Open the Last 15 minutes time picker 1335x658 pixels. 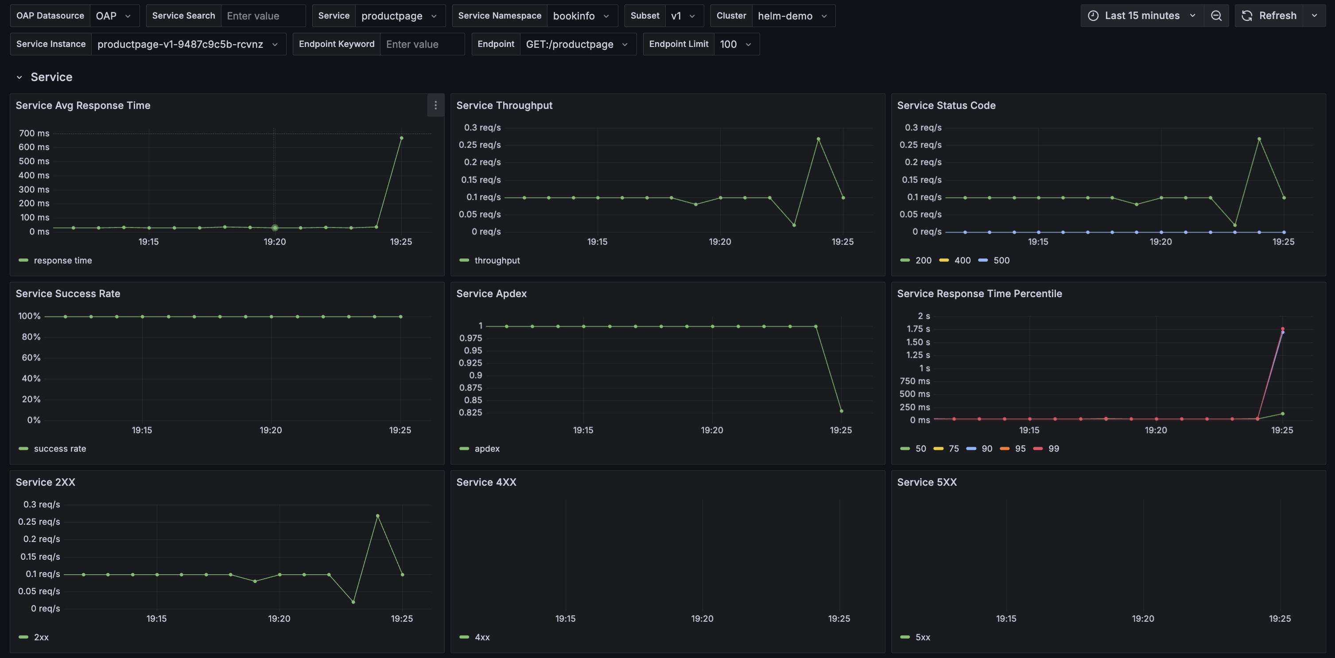click(1142, 15)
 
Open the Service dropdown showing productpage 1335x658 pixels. click(398, 15)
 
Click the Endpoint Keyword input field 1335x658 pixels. click(421, 44)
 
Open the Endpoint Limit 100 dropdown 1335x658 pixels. click(735, 44)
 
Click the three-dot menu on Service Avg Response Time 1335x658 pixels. click(435, 105)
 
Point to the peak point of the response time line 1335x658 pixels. click(401, 138)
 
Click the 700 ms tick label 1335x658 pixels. click(34, 133)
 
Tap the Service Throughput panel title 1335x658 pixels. click(504, 105)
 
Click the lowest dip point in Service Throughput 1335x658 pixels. click(794, 225)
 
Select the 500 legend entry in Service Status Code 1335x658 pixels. click(1001, 260)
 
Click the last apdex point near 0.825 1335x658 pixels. click(841, 411)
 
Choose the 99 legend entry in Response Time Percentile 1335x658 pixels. click(1053, 449)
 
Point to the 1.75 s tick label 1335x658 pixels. click(918, 329)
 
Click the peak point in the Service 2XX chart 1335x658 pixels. click(377, 515)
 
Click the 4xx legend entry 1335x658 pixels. click(481, 637)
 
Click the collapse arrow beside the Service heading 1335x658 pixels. click(19, 77)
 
